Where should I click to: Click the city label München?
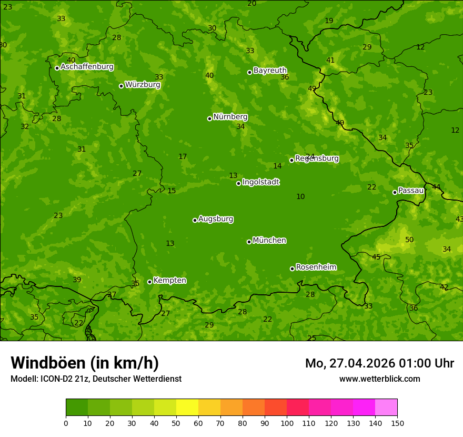[269, 241]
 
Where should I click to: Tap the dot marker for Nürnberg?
[209, 118]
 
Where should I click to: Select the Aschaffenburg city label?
[87, 67]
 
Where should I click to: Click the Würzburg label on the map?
[142, 85]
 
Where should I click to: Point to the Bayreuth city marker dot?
[249, 72]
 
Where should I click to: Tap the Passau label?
[410, 191]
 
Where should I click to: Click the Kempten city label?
[169, 281]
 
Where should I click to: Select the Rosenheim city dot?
[292, 269]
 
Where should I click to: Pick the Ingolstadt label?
[260, 182]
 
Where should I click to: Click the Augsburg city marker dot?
[195, 220]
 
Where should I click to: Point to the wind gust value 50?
[409, 240]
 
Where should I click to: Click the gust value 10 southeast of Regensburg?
[300, 197]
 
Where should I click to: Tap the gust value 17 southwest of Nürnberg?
[183, 157]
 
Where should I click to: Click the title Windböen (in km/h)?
[85, 363]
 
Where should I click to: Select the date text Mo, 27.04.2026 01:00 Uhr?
[379, 363]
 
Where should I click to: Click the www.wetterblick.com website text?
[379, 379]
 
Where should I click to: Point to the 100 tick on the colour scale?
[287, 423]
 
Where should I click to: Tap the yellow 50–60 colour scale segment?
[187, 408]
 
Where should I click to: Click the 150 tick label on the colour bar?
[397, 423]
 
